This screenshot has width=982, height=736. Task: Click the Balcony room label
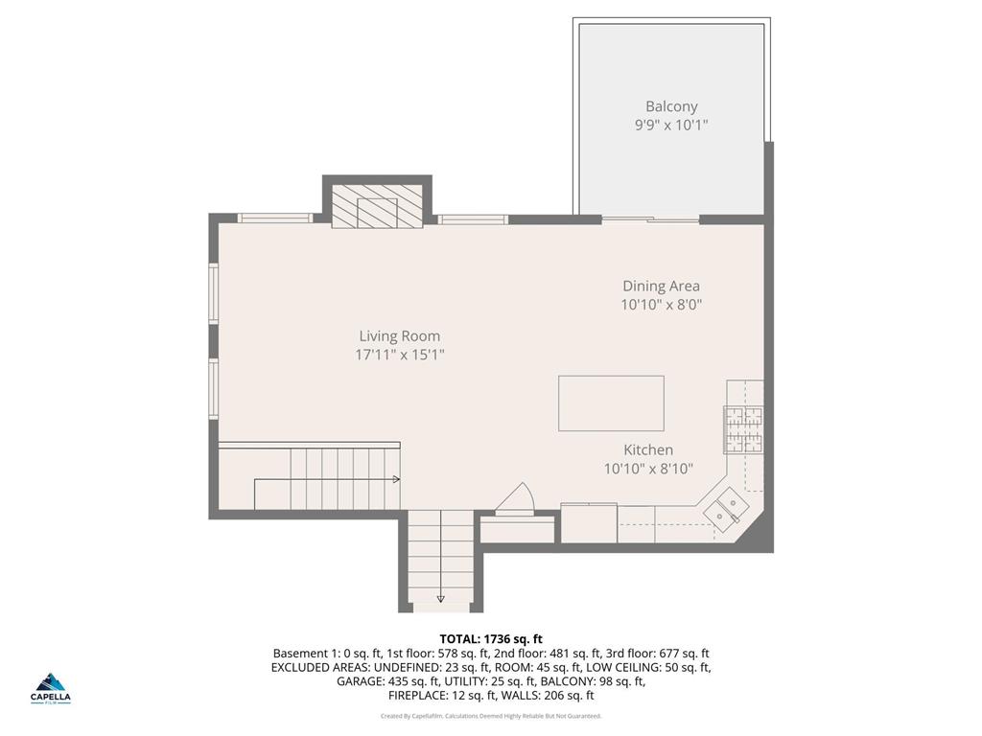click(671, 106)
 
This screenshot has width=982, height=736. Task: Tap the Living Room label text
click(400, 336)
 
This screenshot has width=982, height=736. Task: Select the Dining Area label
click(662, 286)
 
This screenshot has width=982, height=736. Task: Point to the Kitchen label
click(648, 450)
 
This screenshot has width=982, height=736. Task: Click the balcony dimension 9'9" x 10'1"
click(671, 126)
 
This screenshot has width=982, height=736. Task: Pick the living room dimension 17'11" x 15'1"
click(400, 355)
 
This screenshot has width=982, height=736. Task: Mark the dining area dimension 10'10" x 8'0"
click(662, 305)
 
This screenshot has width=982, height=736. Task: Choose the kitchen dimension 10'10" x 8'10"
click(648, 469)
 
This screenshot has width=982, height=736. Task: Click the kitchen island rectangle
click(611, 403)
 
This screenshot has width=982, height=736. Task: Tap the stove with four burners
click(743, 429)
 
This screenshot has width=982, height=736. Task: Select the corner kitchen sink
click(727, 508)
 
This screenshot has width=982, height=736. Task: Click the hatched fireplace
click(377, 206)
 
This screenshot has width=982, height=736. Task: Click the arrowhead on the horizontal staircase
click(396, 479)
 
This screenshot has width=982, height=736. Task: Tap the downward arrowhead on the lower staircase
click(441, 598)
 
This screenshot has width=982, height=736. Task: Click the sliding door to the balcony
click(650, 219)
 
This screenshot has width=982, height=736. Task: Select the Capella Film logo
click(50, 688)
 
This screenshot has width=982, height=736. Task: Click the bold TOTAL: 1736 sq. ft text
click(491, 639)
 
